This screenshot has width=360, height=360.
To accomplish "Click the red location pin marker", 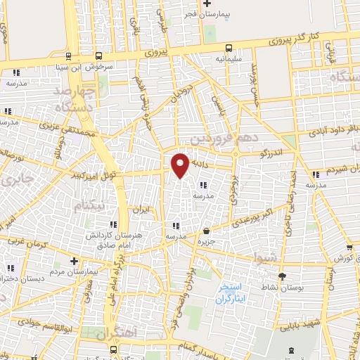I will pos(181,165).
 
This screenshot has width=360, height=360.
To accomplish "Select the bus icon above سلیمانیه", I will pos(229,49).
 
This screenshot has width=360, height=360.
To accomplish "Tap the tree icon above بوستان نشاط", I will pos(283,276).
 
